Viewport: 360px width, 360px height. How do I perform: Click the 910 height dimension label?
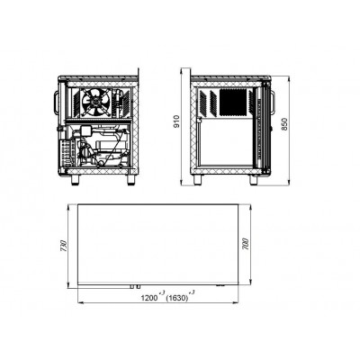point(176,121)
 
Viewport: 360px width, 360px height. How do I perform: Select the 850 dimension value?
point(284,124)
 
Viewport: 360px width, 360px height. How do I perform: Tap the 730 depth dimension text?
point(63,246)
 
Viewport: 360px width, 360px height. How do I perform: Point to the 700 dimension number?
point(246,244)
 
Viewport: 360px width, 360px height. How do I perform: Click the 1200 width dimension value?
point(149,298)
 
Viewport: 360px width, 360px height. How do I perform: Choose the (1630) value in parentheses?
point(177,298)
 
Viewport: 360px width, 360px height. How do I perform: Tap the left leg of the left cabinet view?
point(76,179)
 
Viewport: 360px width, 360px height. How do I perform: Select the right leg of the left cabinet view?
point(131,179)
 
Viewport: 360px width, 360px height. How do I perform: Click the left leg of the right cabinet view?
point(198,179)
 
